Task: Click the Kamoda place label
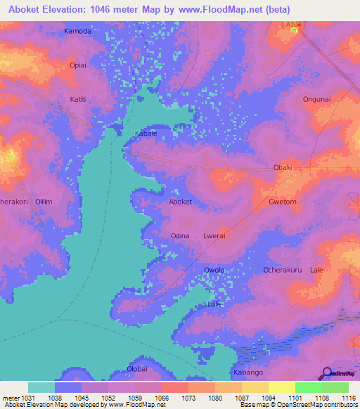pyautogui.click(x=77, y=32)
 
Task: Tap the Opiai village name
pyautogui.click(x=77, y=65)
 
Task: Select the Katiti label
pyautogui.click(x=77, y=99)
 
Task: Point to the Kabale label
pyautogui.click(x=146, y=133)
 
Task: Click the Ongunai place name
pyautogui.click(x=316, y=99)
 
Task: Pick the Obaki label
pyautogui.click(x=282, y=167)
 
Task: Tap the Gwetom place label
pyautogui.click(x=282, y=202)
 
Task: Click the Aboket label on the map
pyautogui.click(x=180, y=202)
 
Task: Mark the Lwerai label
pyautogui.click(x=214, y=236)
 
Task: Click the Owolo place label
pyautogui.click(x=214, y=270)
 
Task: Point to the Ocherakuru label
pyautogui.click(x=282, y=270)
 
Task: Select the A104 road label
pyautogui.click(x=295, y=24)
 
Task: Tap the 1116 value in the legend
pyautogui.click(x=349, y=397)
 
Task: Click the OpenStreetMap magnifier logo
pyautogui.click(x=327, y=373)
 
